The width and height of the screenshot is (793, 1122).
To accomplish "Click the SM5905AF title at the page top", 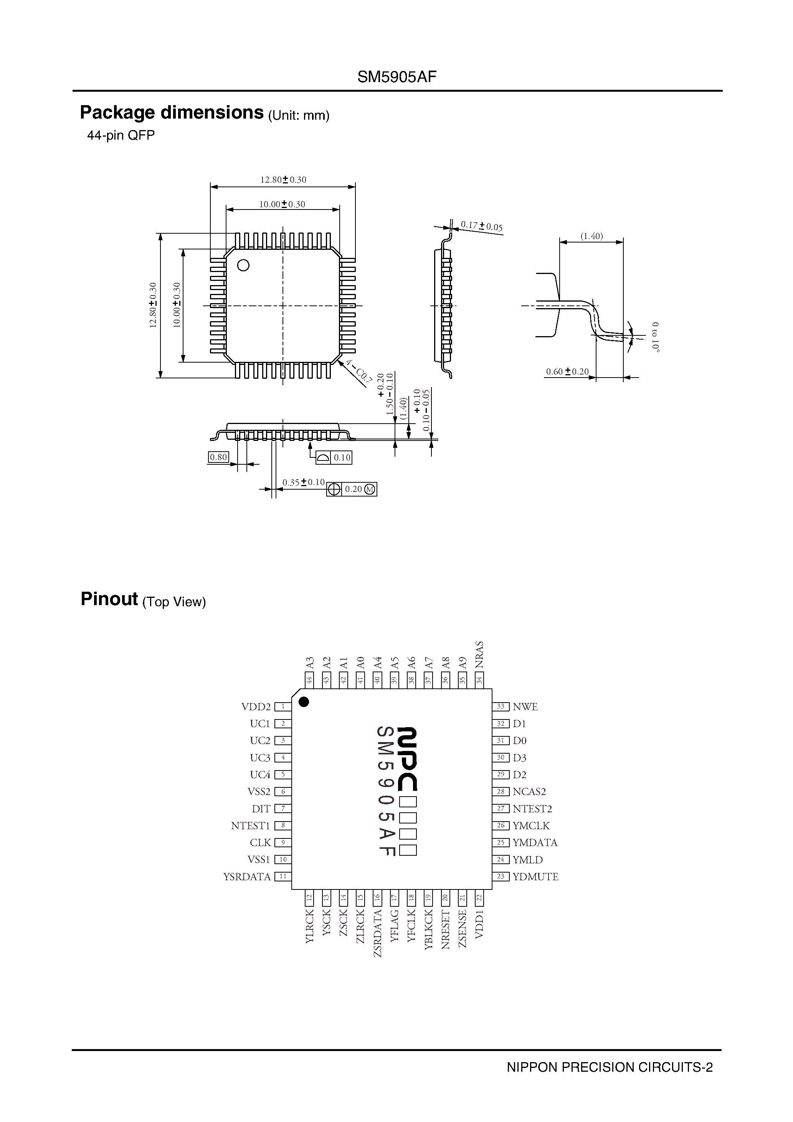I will pos(396,77).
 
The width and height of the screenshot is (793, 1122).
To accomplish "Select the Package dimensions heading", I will pos(172,113).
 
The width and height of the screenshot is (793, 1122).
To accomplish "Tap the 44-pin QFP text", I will pos(121,135).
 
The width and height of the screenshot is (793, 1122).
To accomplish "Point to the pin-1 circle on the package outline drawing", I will pos(243,266).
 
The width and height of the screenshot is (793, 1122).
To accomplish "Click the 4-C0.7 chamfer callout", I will pos(359,371).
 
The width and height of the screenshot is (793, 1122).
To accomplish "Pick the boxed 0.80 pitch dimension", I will pos(218,457).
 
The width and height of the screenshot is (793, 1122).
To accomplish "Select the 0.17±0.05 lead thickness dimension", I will pos(482,226).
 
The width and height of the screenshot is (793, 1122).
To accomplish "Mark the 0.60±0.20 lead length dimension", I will pos(567,371).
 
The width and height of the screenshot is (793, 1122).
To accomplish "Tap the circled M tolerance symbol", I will pos(370,489).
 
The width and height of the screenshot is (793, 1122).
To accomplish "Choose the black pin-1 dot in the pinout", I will pos(304,702).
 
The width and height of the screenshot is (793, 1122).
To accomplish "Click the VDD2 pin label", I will pos(256,707).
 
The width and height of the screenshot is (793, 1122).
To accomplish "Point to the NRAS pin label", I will pos(480,655).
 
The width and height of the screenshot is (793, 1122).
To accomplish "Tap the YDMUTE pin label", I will pos(535,877).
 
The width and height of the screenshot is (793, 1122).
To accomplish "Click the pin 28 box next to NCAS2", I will pos(501,792).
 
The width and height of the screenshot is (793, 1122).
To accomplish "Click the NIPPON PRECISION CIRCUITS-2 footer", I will pos(610,1081).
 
